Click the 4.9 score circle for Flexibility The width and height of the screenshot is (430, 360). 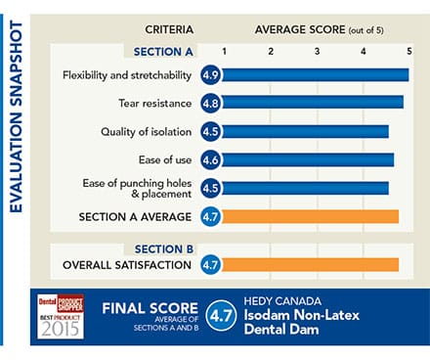pos(209,74)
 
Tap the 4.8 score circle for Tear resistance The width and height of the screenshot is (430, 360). pos(209,102)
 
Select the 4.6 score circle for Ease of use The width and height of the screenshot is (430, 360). pos(209,158)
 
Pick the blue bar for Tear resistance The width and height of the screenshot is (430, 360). pos(313,102)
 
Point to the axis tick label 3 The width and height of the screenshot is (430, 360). pos(317,50)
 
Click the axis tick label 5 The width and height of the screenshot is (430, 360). pos(409,50)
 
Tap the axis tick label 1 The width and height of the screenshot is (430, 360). pos(225,50)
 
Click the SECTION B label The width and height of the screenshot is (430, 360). pos(163,248)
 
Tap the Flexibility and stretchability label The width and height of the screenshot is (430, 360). pos(124,74)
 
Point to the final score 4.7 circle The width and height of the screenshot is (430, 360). pos(221,316)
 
